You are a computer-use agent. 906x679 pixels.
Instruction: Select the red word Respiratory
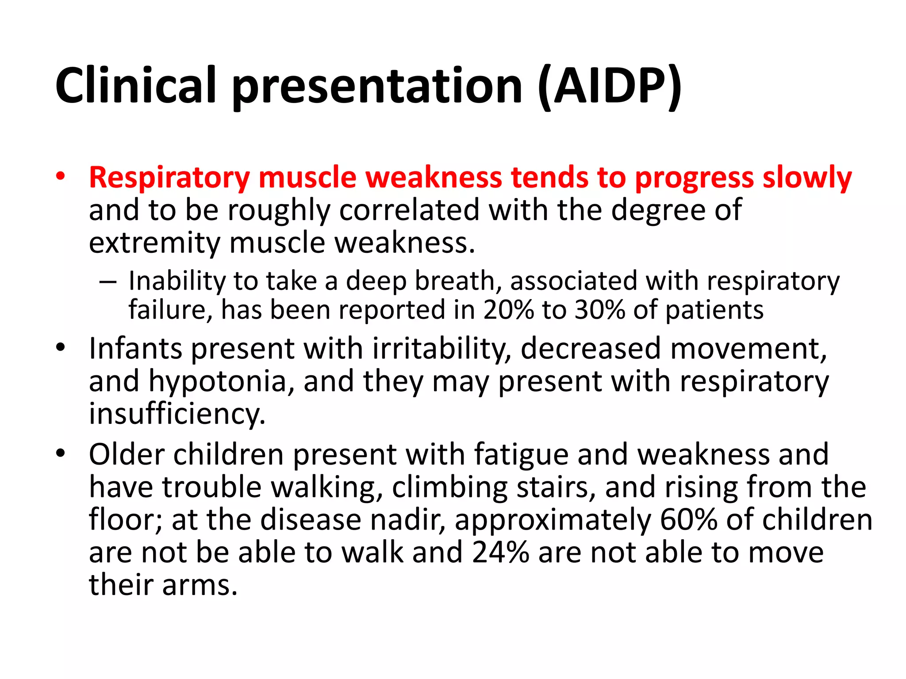point(169,178)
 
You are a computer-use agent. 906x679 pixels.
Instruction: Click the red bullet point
point(61,176)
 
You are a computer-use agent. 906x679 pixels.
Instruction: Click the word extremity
point(154,243)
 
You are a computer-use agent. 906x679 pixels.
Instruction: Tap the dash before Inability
point(108,282)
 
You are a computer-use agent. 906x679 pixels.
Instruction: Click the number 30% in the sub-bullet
point(600,310)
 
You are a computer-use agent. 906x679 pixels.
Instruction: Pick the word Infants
point(135,349)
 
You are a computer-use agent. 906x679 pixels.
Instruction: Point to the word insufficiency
point(177,414)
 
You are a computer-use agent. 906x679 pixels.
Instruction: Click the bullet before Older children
point(61,454)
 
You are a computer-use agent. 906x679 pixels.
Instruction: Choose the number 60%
point(688,520)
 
